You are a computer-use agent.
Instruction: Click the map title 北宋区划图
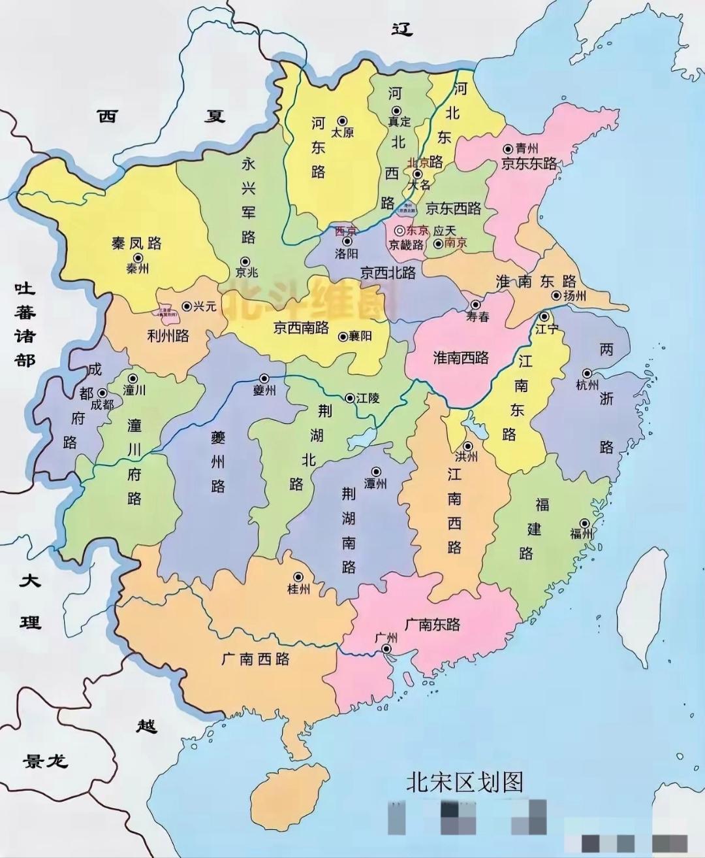[464, 782]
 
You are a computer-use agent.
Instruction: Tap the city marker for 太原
[342, 121]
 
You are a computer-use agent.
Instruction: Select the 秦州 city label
[138, 269]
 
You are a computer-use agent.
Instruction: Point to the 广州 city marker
[387, 649]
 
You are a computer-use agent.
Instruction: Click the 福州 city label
[581, 534]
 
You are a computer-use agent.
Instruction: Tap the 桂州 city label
[298, 589]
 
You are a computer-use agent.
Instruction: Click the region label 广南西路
[255, 659]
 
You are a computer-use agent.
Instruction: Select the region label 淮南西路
[461, 357]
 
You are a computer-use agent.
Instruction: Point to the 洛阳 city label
[346, 254]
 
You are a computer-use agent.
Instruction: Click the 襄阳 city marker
[343, 337]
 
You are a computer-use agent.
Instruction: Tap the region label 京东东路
[529, 163]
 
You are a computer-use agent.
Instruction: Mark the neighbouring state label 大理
[30, 601]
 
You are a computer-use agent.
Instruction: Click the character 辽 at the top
[402, 28]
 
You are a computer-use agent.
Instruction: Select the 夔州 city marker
[264, 378]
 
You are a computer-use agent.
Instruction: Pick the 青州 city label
[527, 149]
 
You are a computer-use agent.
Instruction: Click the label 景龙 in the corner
[45, 761]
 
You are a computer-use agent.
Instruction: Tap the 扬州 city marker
[556, 295]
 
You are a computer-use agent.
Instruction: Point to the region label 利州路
[168, 336]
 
